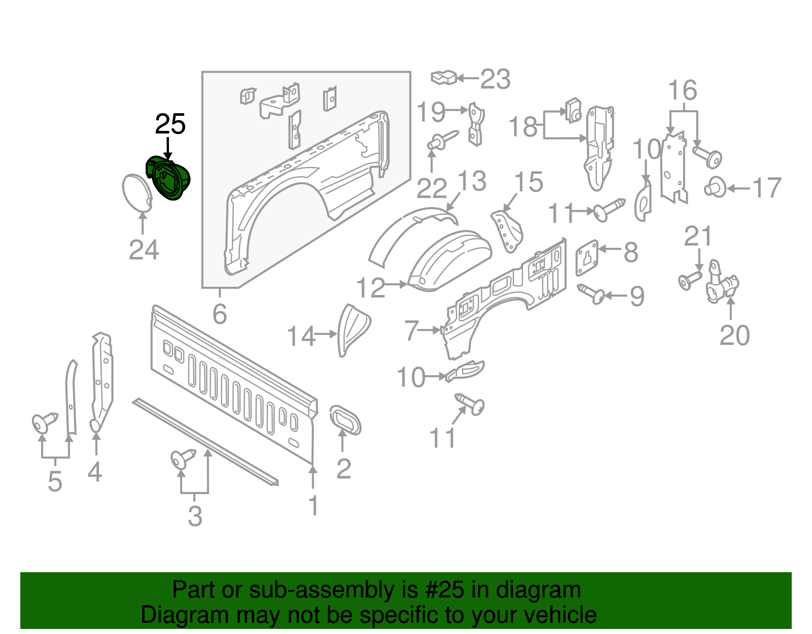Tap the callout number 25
[170, 124]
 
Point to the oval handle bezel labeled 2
[346, 420]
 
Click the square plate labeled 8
[587, 257]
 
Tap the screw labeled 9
[592, 293]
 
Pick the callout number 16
[683, 91]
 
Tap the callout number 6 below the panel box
[219, 314]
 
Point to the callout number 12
[371, 288]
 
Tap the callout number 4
[95, 472]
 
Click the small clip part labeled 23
[444, 77]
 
